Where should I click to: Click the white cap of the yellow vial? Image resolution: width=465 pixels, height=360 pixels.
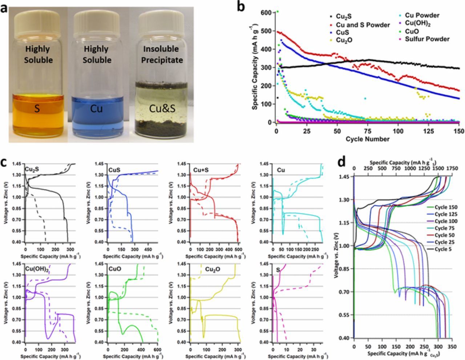[x=38, y=20]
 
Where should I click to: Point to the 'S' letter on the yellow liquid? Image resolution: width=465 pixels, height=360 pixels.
[x=37, y=108]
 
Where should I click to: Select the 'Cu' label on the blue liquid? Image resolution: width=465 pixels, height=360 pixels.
[x=96, y=108]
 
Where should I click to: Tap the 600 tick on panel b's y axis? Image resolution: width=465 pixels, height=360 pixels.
[x=267, y=12]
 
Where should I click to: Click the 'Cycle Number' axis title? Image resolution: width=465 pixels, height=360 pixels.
[x=367, y=139]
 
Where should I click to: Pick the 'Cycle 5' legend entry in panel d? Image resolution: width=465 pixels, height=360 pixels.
[x=449, y=249]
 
